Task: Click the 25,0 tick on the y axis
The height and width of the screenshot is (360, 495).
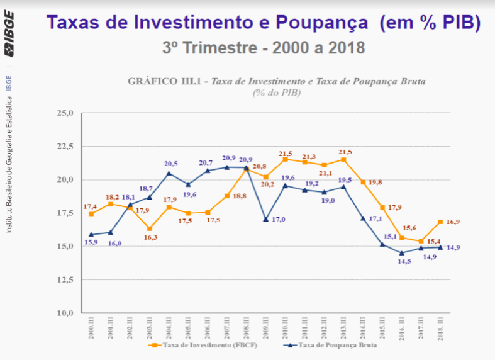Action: point(65,113)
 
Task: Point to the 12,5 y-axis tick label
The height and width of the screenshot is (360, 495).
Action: point(65,279)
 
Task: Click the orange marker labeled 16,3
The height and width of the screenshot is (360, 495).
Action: point(149,228)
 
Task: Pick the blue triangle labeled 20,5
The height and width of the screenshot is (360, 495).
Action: point(169,173)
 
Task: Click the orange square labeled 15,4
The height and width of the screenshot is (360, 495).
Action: point(421,241)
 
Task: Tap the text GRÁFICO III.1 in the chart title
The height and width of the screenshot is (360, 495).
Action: point(165,81)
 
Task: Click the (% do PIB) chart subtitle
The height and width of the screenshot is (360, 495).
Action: point(277,93)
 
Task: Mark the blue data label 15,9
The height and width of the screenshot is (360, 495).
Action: point(92,242)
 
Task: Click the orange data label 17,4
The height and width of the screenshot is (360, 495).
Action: point(89,206)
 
